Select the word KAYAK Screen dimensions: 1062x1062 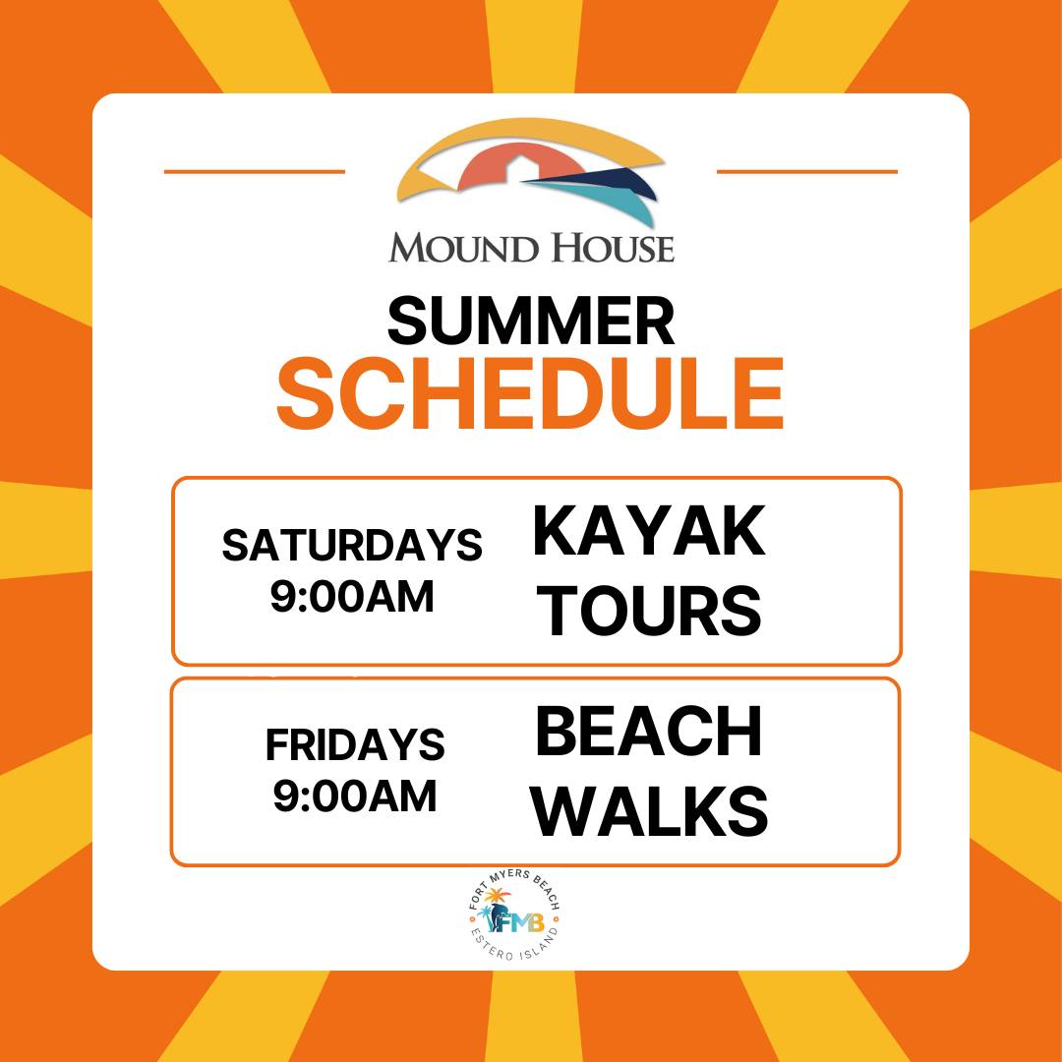[x=649, y=531]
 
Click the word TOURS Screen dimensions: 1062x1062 [x=653, y=611]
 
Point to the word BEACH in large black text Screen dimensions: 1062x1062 [x=649, y=732]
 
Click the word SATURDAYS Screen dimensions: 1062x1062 [x=352, y=545]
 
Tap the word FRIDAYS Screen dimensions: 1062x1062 [x=355, y=745]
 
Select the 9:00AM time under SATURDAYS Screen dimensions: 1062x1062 [x=352, y=597]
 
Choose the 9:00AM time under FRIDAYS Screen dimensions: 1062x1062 [x=355, y=796]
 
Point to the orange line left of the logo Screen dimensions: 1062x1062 [x=255, y=172]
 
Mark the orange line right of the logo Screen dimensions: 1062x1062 [x=807, y=172]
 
